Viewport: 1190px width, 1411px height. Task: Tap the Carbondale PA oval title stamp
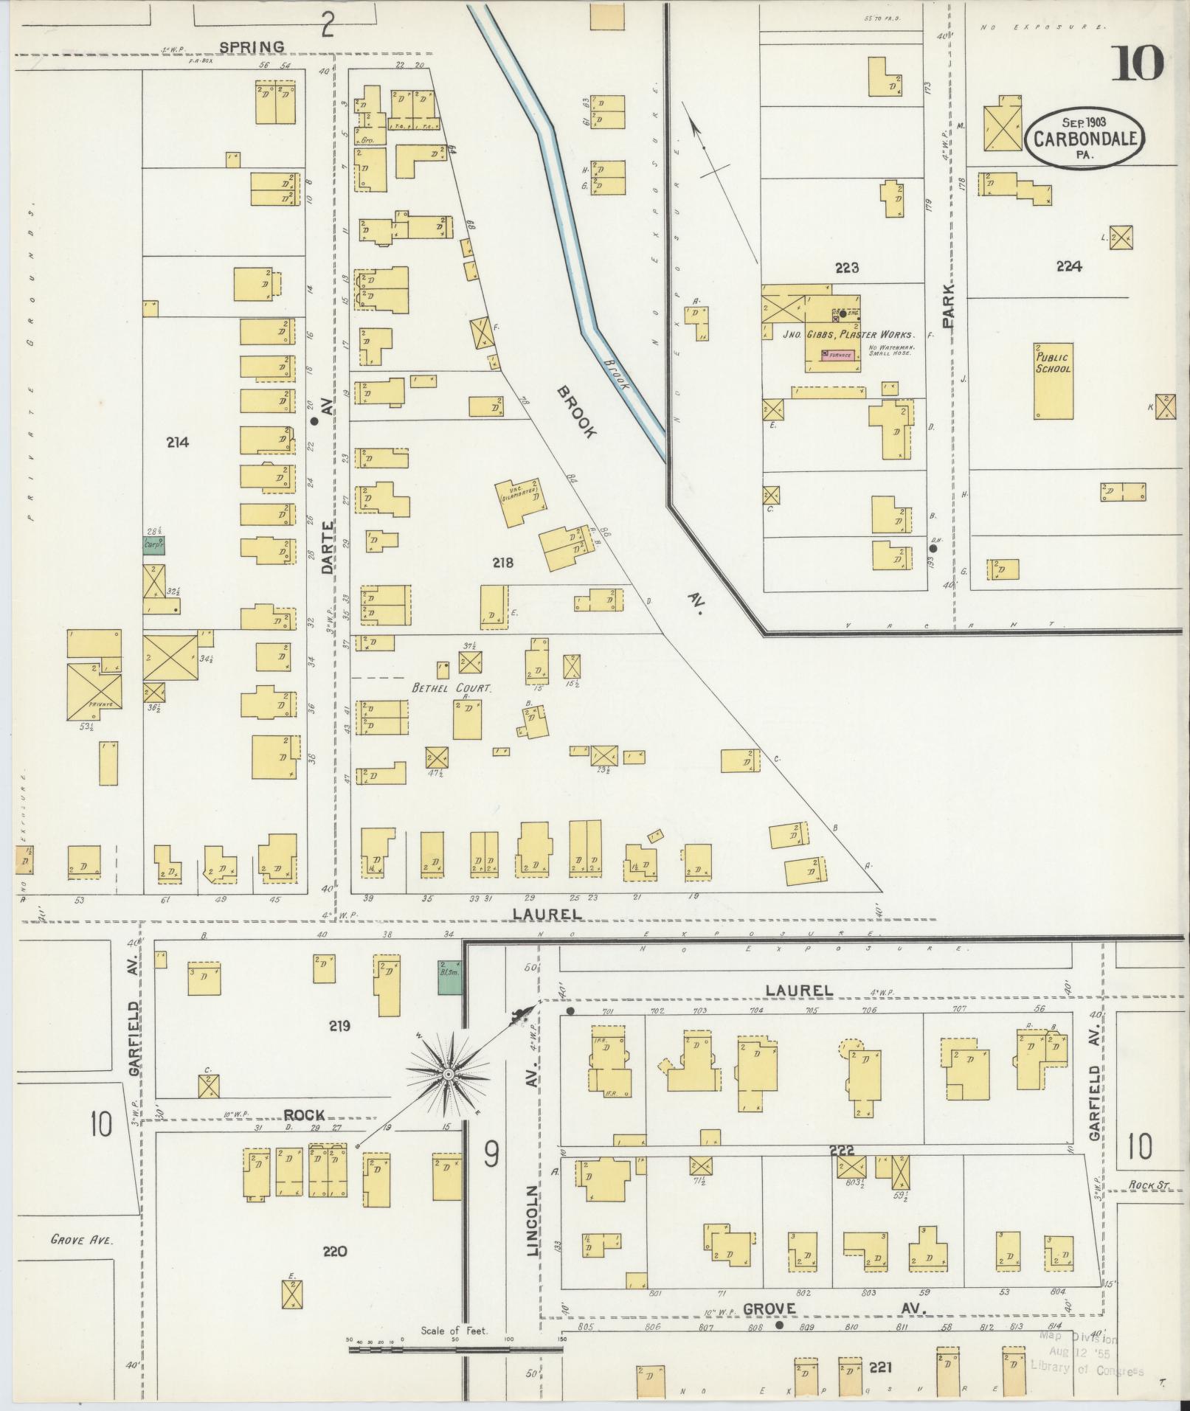point(1084,137)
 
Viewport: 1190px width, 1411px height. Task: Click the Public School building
point(1053,381)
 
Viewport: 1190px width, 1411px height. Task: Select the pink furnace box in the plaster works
point(839,356)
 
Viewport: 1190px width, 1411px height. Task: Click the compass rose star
point(447,1076)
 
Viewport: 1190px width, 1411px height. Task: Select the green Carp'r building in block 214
point(153,545)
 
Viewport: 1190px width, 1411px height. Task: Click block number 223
point(847,268)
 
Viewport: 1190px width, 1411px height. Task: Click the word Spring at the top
point(252,47)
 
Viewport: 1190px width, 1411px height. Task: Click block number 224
point(1068,266)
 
